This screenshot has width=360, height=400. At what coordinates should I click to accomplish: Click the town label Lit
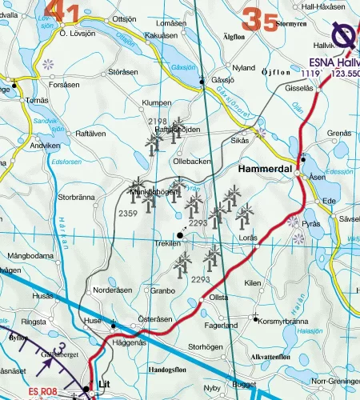coord(103,384)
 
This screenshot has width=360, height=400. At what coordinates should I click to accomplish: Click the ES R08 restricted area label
coord(46,392)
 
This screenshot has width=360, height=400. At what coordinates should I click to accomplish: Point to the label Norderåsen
coord(111,290)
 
